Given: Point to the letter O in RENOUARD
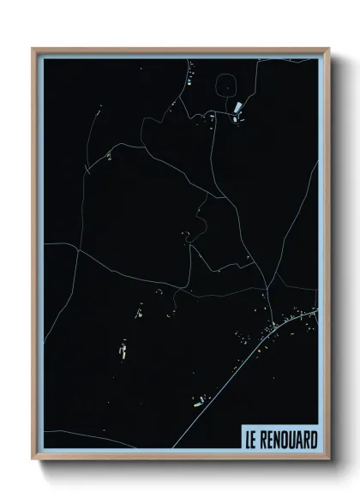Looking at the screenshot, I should coord(287,439).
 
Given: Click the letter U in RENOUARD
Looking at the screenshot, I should coord(294,439).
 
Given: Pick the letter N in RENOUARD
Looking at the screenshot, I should coord(279,439).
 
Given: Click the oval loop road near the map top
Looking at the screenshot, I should coord(226,86).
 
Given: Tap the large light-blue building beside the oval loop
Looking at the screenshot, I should coord(237,109).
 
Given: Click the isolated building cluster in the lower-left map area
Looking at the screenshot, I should coord(121,350).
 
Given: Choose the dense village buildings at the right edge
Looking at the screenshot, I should coord(287,323).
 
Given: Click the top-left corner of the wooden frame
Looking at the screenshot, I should coord(33,49).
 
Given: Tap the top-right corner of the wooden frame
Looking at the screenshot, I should coord(327,49).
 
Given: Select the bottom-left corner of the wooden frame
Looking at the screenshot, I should coord(33,459).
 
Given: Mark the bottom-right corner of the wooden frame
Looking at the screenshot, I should coord(327,459).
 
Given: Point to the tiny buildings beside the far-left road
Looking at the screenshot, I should coord(110,155).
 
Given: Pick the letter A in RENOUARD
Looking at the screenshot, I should coord(301,439).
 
